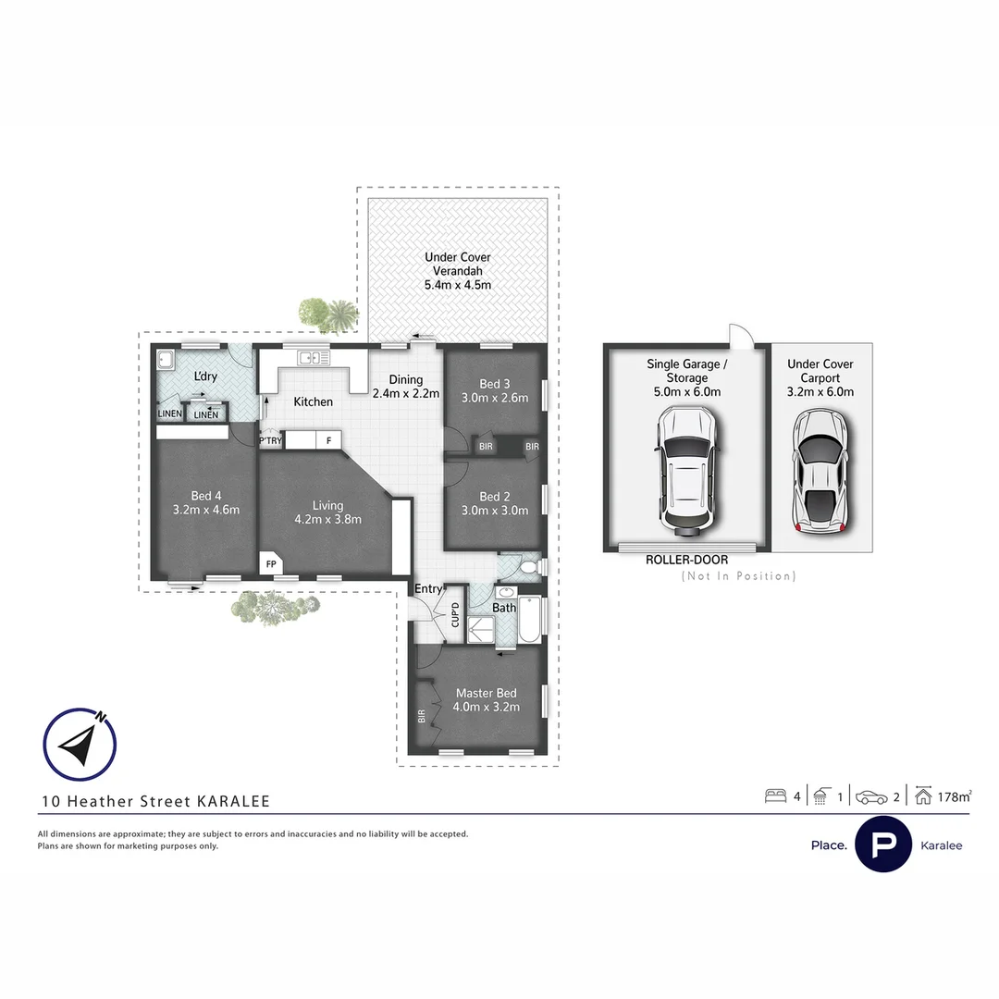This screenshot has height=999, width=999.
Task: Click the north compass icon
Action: [80, 745]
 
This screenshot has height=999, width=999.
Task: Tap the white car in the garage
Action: [685, 473]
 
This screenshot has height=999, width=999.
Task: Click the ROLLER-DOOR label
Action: [686, 560]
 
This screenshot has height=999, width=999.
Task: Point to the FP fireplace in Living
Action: [271, 563]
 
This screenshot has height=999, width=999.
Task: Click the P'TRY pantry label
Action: [270, 441]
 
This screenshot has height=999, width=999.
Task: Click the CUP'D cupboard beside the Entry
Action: [455, 615]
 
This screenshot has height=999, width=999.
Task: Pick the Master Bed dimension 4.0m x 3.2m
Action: [486, 707]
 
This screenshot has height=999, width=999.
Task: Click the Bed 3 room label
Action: [495, 384]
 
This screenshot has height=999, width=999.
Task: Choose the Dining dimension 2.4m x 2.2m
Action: [405, 393]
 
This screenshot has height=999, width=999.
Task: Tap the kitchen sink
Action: [307, 357]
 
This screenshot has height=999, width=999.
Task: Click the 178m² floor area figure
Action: [954, 795]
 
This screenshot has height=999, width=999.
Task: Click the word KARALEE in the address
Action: [233, 802]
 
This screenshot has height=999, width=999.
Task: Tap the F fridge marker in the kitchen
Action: [328, 441]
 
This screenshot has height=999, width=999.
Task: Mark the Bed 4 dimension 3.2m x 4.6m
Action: [205, 510]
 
